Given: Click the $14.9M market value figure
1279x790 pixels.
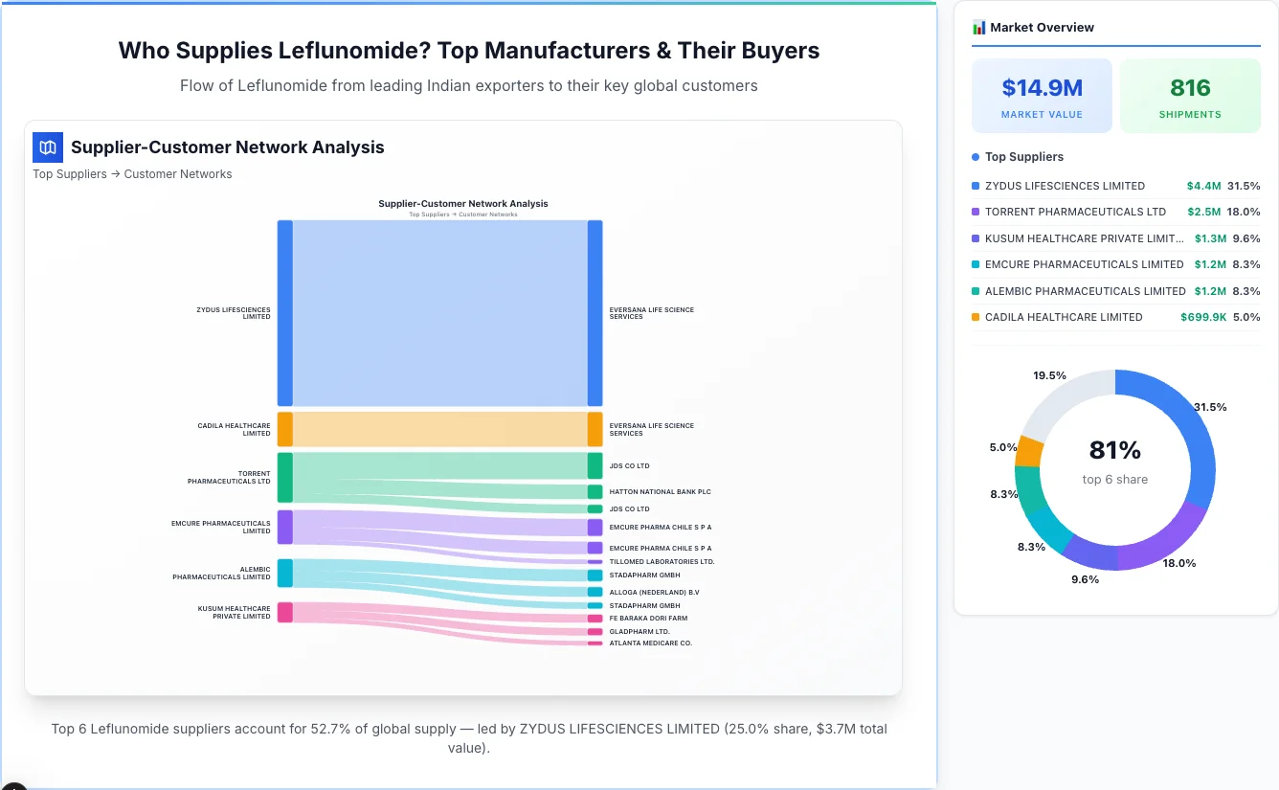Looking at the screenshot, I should (1042, 88).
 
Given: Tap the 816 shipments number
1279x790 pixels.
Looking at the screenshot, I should (1190, 88).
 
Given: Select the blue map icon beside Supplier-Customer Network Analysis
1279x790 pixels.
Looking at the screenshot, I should (48, 147).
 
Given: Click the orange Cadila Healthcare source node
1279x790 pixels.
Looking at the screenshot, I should (284, 429).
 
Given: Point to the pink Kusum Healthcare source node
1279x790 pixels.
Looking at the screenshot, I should (284, 612).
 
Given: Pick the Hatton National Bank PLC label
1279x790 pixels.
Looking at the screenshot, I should (660, 492).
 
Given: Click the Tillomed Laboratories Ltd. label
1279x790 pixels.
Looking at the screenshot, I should (662, 562).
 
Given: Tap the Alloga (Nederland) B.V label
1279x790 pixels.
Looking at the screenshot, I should (654, 593).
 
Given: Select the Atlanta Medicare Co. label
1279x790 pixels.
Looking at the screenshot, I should (650, 643).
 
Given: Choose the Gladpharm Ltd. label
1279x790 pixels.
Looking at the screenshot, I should (639, 632).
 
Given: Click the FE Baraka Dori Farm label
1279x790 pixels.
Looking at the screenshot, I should (648, 619).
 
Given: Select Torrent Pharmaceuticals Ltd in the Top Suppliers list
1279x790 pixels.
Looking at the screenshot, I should (1075, 212).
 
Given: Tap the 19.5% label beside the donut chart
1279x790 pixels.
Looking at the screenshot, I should (1049, 375).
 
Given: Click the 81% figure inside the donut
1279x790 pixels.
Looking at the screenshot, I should (1115, 450).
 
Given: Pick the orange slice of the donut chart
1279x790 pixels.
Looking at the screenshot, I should (1029, 450).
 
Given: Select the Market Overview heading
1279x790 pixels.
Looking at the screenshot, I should (1042, 28).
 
